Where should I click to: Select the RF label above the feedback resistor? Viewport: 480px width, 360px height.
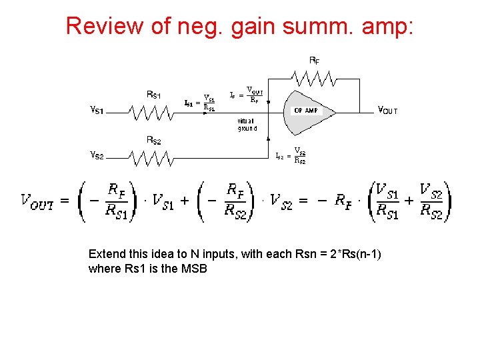313,60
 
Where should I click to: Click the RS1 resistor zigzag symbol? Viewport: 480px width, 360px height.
153,113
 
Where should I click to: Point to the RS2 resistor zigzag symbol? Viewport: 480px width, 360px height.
153,159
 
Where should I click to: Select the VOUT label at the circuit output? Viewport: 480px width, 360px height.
388,110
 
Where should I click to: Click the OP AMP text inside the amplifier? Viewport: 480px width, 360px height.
307,110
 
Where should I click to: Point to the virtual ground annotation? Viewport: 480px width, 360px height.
247,125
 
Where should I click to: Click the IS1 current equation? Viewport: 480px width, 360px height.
200,102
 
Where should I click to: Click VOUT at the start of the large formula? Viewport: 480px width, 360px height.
37,199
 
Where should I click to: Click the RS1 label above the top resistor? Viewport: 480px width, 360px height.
154,94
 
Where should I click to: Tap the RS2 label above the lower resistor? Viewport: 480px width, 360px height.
154,140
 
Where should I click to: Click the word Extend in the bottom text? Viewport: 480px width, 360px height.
107,254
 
